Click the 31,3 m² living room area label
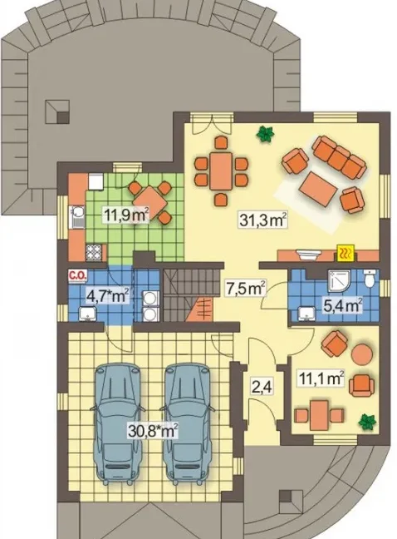pyautogui.click(x=263, y=220)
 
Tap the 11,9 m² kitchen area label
pyautogui.click(x=126, y=215)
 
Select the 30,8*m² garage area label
pyautogui.click(x=153, y=430)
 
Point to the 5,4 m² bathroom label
pyautogui.click(x=343, y=305)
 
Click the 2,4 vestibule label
pyautogui.click(x=262, y=388)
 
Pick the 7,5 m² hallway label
pyautogui.click(x=246, y=288)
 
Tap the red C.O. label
pyautogui.click(x=79, y=275)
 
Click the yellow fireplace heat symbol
pyautogui.click(x=346, y=254)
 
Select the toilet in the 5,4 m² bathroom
pyautogui.click(x=370, y=279)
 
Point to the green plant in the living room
pyautogui.click(x=265, y=134)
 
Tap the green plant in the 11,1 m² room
pyautogui.click(x=368, y=422)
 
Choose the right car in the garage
pyautogui.click(x=188, y=424)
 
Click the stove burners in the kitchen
pyautogui.click(x=94, y=252)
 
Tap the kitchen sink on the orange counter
pyautogui.click(x=77, y=217)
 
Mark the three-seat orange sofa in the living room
pyautogui.click(x=340, y=157)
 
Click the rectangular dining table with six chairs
pyautogui.click(x=221, y=171)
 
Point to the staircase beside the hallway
pyautogui.click(x=189, y=295)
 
